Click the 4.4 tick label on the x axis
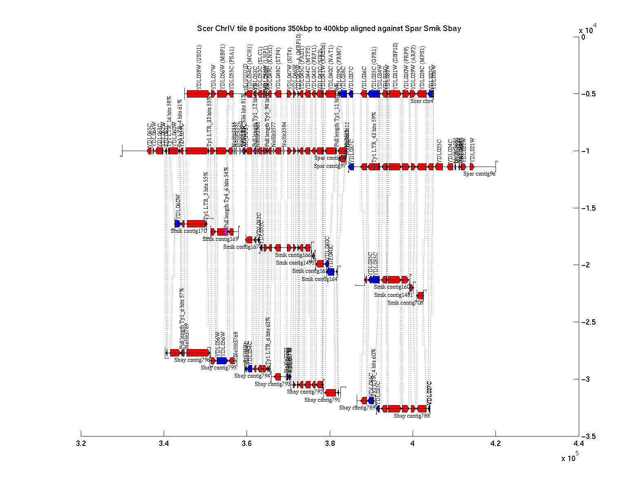[578, 443]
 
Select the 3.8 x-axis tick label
[330, 443]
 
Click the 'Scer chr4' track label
[422, 101]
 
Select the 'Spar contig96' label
[479, 174]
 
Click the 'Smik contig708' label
[405, 303]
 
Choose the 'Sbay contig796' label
[192, 360]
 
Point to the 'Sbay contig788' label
[411, 416]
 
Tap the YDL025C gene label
[440, 148]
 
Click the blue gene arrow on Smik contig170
[178, 224]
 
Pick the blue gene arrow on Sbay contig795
[222, 361]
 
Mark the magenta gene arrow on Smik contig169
[226, 232]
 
